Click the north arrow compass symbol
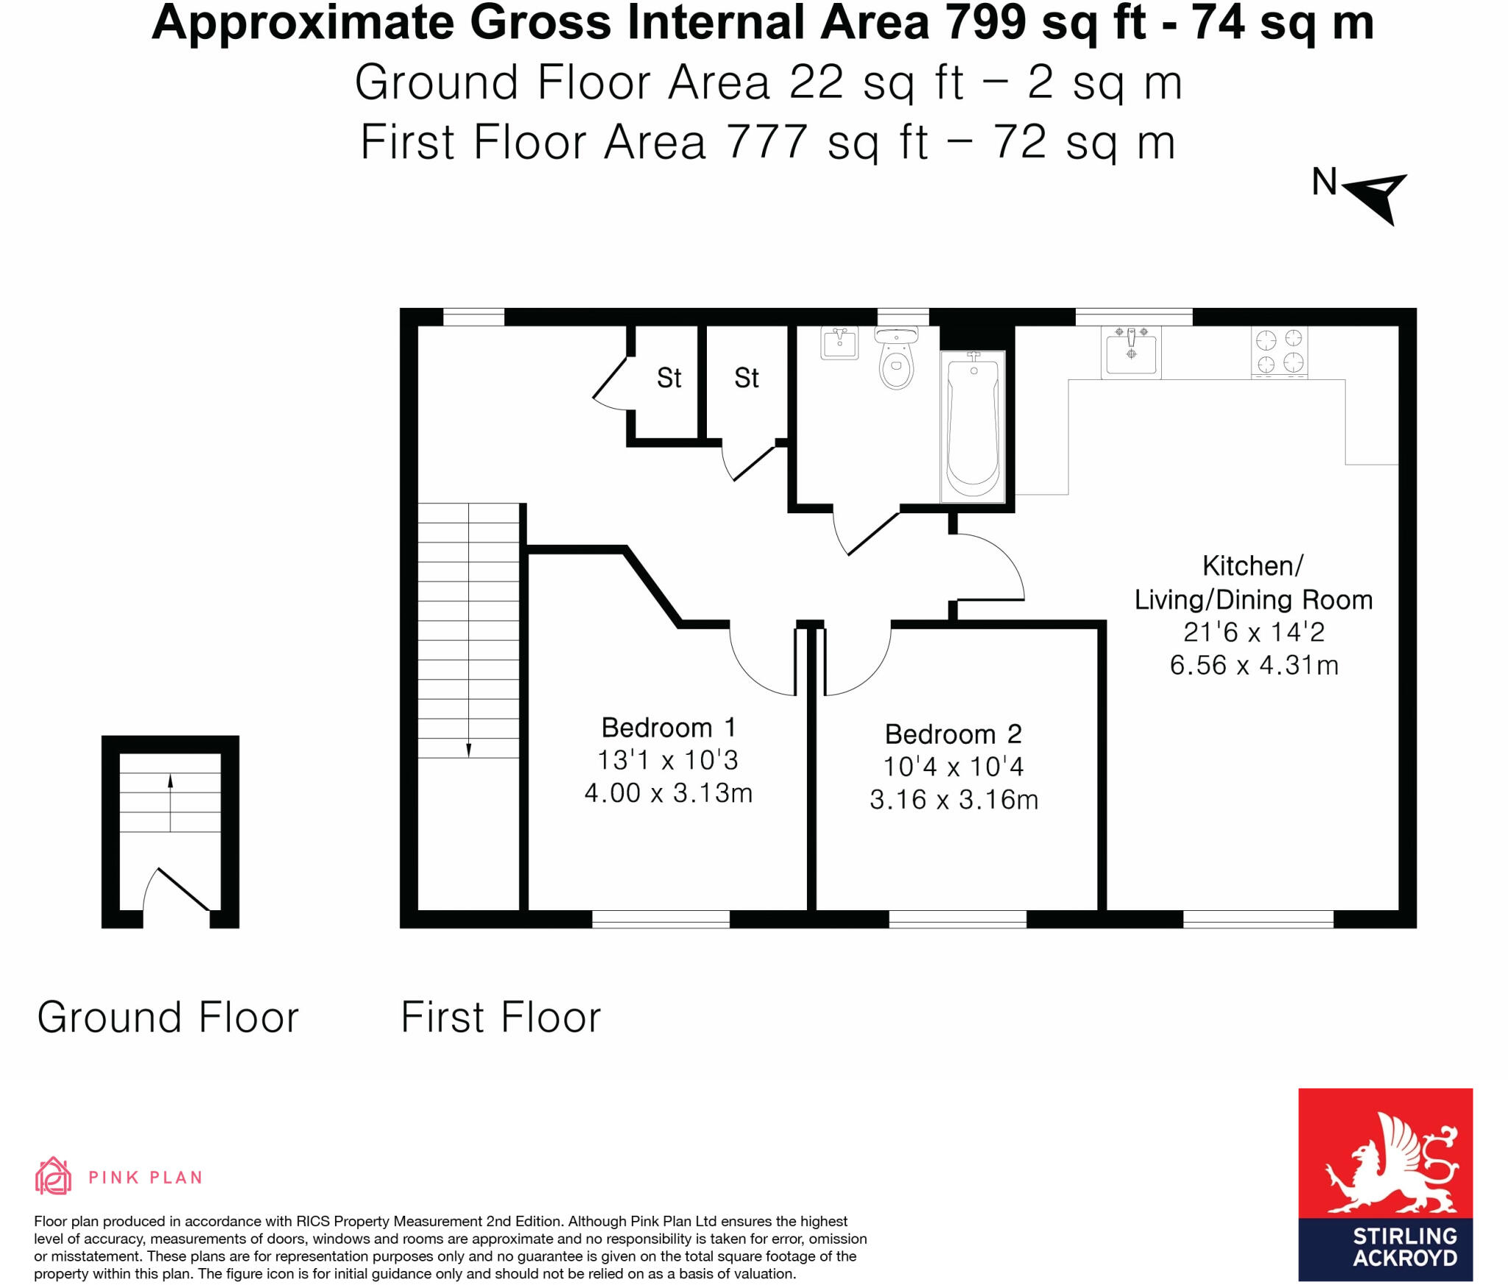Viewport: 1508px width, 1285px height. [x=1374, y=196]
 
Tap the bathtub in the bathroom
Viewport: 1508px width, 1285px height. [x=973, y=427]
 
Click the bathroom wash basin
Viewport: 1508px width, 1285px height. [x=839, y=343]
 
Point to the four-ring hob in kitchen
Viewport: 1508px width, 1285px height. [x=1279, y=351]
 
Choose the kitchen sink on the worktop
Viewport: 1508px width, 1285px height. [x=1131, y=353]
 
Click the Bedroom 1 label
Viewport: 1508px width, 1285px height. [x=668, y=728]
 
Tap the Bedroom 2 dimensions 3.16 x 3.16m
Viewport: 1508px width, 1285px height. [x=954, y=800]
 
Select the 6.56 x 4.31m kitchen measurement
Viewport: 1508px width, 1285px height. [x=1253, y=665]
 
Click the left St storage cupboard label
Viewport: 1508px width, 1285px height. [x=669, y=379]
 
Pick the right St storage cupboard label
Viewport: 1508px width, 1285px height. [x=746, y=379]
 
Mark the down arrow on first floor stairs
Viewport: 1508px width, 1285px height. [x=468, y=749]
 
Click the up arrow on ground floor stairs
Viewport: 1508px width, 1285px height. [x=170, y=782]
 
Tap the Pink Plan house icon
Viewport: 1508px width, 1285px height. [x=53, y=1175]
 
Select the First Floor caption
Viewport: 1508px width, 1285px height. [x=501, y=1018]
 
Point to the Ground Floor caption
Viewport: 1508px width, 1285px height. [x=168, y=1018]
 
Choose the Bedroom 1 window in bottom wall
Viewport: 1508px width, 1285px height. [x=660, y=918]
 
